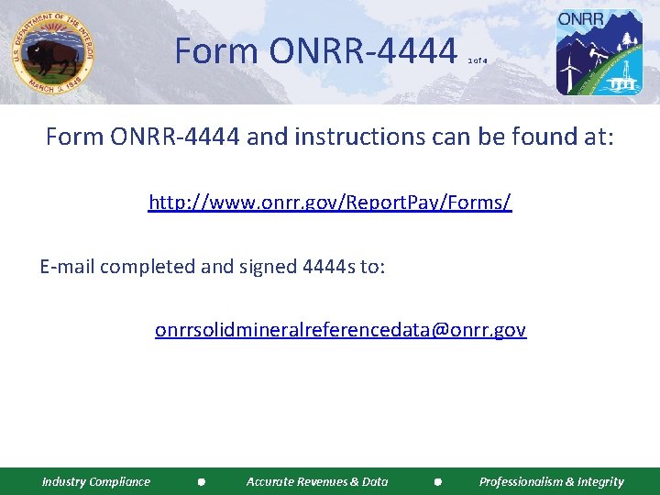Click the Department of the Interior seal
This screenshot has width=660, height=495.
pos(53,52)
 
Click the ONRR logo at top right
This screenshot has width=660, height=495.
pos(599,52)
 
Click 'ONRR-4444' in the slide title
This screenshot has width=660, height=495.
pos(363,51)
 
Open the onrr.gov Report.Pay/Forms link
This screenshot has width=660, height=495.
pos(330,202)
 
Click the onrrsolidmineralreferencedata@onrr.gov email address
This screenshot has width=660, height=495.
pos(340,329)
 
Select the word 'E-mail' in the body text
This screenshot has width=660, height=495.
pos(67,267)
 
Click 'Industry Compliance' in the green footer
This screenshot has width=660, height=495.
pos(96,481)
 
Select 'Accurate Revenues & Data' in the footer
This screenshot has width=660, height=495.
pos(317,481)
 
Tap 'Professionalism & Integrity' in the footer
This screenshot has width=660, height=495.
pos(551,481)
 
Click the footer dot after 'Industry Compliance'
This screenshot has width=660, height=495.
pos(201,482)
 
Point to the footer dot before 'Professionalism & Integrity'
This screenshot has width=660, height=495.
pos(438,482)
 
